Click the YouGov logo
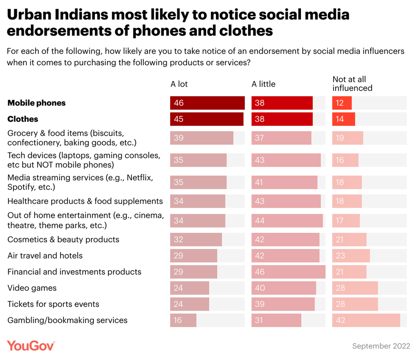point(31,346)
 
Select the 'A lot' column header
point(179,84)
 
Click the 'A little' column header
point(263,84)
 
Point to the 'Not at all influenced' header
point(352,84)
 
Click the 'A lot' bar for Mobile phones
point(207,103)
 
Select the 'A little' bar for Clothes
point(282,119)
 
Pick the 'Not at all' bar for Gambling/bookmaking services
point(366,320)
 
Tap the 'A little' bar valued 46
point(288,272)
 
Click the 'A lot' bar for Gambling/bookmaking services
point(184,320)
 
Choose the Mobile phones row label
point(37,103)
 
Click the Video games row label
point(32,288)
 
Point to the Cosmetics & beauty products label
point(63,240)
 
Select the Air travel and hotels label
point(45,256)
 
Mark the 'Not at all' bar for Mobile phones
point(342,103)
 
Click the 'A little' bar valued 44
point(287,221)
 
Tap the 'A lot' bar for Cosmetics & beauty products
point(196,240)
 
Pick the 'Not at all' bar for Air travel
point(351,256)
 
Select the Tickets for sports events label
point(53,304)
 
